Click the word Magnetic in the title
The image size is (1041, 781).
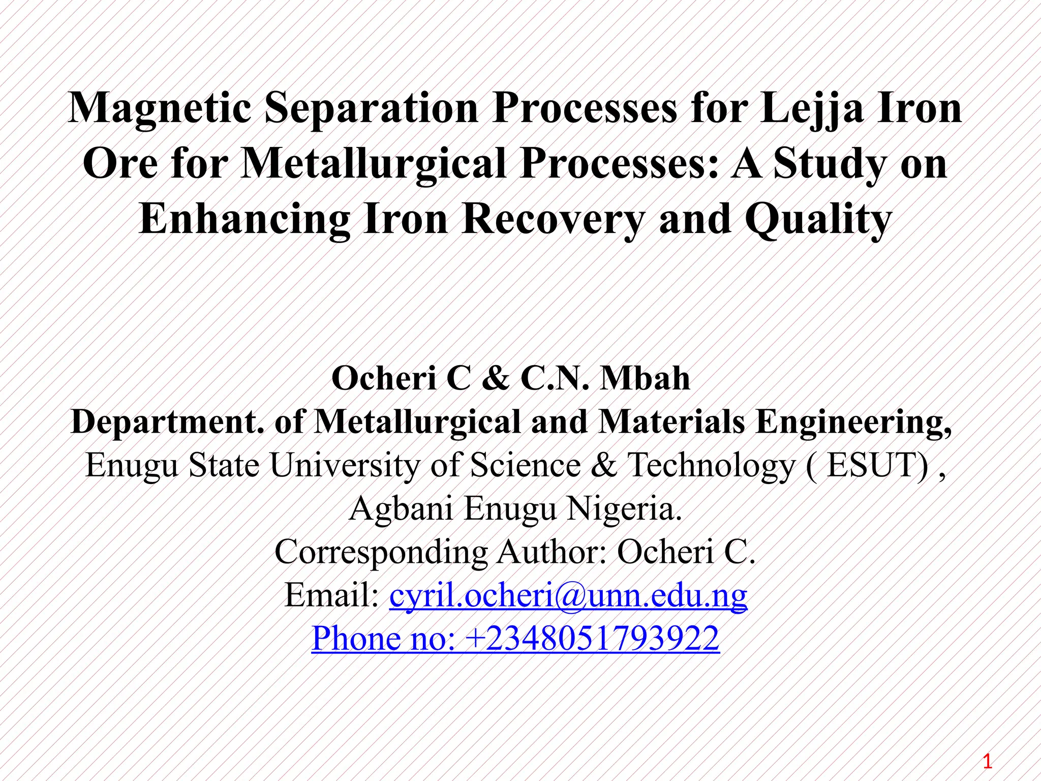point(160,108)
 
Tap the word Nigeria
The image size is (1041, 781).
point(624,508)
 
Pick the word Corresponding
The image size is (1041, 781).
point(381,552)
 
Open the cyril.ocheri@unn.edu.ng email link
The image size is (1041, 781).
point(568,595)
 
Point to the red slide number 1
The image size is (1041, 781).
point(987,762)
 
